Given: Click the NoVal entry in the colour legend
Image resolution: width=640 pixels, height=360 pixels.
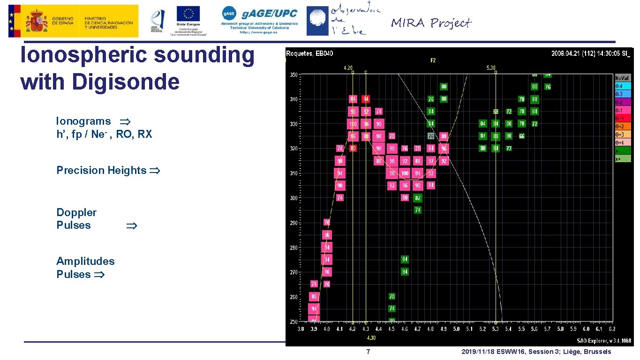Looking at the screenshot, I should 623,78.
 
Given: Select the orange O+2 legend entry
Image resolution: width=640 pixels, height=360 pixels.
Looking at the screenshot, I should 623,127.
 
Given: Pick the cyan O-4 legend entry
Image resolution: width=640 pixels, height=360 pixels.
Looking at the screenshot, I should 623,86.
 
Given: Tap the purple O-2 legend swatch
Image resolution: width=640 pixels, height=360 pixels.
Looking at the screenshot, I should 623,102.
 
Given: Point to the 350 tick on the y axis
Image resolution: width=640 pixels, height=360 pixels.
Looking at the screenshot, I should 294,75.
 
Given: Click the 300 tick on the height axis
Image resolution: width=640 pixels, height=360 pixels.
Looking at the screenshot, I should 294,198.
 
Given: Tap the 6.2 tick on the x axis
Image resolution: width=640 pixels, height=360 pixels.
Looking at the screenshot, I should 611,330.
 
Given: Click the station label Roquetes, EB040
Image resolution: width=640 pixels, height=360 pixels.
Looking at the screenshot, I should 309,53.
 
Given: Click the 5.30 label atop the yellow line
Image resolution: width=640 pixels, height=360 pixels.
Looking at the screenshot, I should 490,68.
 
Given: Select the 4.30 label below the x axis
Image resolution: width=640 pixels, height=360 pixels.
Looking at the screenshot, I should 370,337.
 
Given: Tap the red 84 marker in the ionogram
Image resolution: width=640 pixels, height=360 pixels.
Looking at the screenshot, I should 366,99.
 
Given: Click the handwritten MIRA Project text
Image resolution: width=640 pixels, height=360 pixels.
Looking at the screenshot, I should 431,23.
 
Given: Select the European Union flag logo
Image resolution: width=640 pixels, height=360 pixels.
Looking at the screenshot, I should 188,14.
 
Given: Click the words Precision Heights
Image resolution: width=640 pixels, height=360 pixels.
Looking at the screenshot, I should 101,170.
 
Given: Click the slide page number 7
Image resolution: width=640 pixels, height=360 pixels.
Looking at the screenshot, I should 368,352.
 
